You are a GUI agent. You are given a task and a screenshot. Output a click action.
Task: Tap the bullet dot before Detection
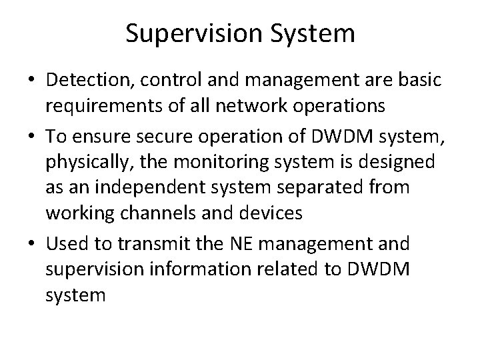click(32, 81)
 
